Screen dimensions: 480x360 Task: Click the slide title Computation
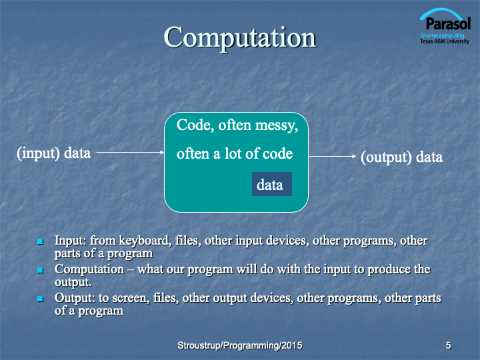[x=240, y=38]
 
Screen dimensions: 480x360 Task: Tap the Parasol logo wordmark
[x=448, y=23]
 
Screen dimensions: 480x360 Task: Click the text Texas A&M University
[x=445, y=41]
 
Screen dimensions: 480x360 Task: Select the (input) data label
[x=54, y=153]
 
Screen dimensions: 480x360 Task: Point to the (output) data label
[x=401, y=157]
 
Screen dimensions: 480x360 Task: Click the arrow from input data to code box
[x=131, y=152]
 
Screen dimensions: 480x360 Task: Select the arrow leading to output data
[x=332, y=156]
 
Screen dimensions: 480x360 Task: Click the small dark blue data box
[x=272, y=184]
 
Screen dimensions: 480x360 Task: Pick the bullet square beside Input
[x=40, y=241]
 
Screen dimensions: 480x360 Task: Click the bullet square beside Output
[x=40, y=299]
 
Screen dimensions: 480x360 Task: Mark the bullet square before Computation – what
[x=40, y=270]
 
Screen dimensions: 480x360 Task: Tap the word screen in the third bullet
[x=131, y=298]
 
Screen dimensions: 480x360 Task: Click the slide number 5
[x=448, y=345]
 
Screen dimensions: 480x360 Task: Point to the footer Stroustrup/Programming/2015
[x=240, y=345]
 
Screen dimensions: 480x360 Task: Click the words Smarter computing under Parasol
[x=443, y=35]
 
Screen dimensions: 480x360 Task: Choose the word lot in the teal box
[x=233, y=153]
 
